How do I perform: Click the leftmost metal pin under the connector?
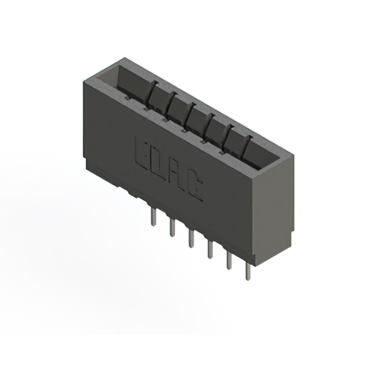click(154, 217)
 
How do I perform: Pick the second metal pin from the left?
click(172, 227)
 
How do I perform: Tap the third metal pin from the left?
click(191, 239)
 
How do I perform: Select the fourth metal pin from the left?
click(210, 249)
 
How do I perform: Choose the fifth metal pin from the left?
click(229, 261)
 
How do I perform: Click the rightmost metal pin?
click(248, 271)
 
